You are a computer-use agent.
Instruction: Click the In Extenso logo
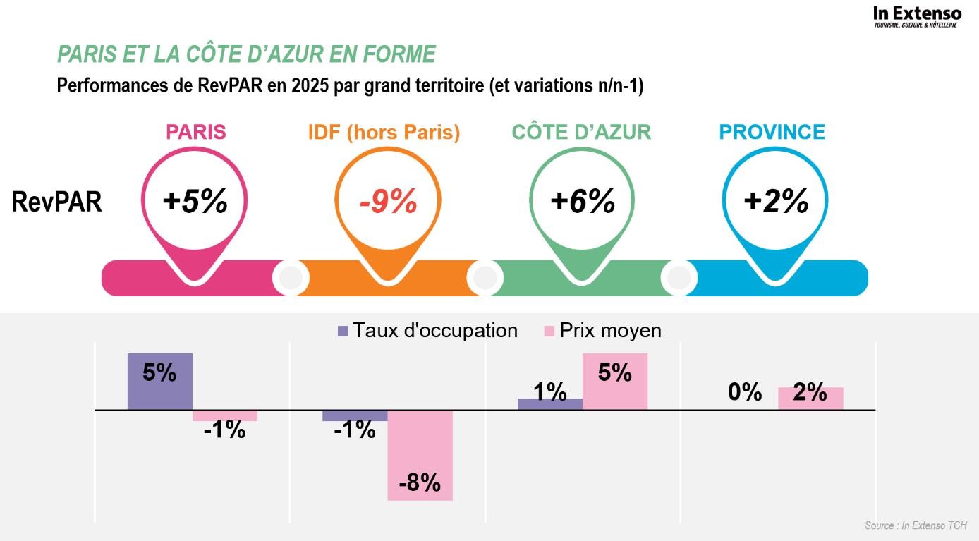[x=917, y=16]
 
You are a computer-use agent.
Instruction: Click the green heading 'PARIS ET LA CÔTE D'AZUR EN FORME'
[x=246, y=54]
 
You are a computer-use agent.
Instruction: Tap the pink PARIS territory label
[x=195, y=132]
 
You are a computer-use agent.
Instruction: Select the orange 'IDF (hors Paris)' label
[x=384, y=132]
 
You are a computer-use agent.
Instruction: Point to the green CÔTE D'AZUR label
[x=581, y=132]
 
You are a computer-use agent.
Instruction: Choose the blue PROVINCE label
[x=772, y=132]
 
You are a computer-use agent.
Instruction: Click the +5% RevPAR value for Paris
[x=195, y=202]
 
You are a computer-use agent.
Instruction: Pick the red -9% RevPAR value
[x=388, y=202]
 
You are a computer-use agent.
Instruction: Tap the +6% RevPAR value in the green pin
[x=583, y=202]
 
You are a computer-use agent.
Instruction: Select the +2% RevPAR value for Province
[x=776, y=202]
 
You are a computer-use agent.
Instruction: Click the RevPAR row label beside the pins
[x=56, y=202]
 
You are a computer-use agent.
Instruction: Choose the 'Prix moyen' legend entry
[x=603, y=330]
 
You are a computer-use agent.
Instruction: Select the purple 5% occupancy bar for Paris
[x=160, y=381]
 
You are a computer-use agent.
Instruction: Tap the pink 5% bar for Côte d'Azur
[x=615, y=381]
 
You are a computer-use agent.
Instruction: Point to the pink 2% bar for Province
[x=810, y=399]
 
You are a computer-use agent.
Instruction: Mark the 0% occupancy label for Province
[x=745, y=392]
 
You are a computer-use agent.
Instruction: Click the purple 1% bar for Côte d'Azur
[x=550, y=403]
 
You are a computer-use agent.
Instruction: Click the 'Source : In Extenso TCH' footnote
[x=916, y=525]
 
